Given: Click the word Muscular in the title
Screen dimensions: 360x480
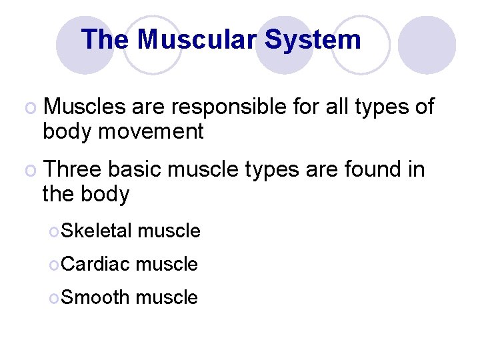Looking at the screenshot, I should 196,39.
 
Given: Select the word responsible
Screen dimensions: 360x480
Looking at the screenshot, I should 227,107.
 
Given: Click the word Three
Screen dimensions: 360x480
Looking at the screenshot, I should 71,170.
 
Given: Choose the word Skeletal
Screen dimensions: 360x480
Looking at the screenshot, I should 97,231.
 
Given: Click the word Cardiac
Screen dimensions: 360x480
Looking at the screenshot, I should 96,264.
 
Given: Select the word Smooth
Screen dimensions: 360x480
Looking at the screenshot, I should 96,297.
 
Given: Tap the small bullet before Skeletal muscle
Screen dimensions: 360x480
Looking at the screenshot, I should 53,232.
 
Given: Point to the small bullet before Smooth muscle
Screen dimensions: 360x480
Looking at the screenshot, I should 53,299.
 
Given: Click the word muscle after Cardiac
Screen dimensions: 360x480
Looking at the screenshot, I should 166,264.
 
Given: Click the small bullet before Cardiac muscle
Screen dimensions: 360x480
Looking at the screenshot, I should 53,265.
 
